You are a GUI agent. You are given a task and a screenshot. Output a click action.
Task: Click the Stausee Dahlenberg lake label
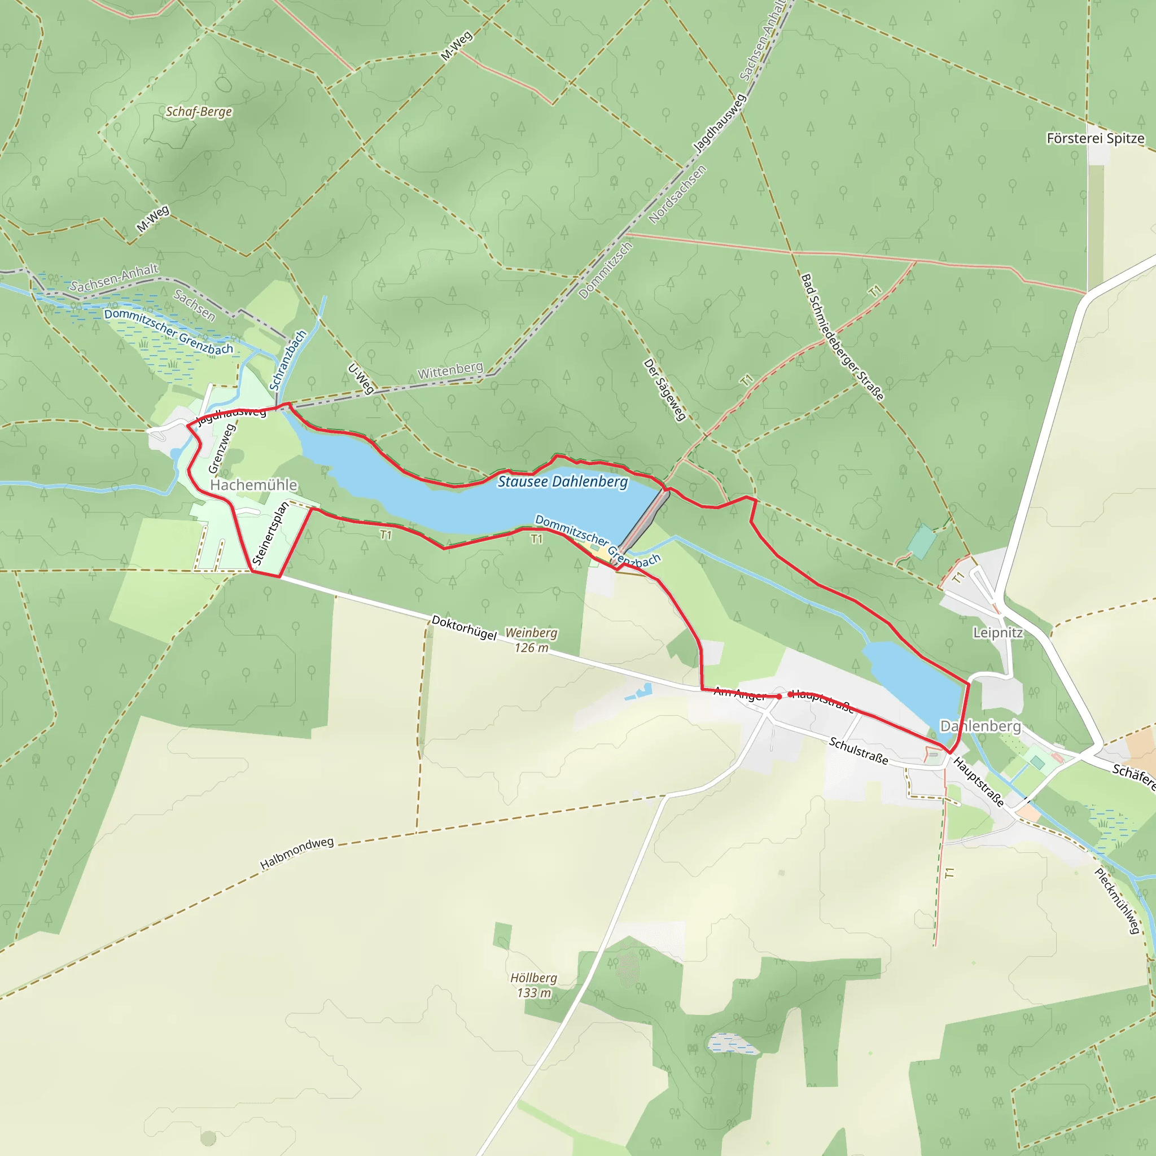pos(562,481)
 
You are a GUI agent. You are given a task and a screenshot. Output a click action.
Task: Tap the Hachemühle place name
pos(253,485)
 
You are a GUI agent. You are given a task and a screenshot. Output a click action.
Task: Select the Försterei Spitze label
pos(1095,138)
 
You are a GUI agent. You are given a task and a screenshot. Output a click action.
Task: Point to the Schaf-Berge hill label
pos(199,112)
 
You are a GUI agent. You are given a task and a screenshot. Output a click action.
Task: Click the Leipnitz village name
pos(997,632)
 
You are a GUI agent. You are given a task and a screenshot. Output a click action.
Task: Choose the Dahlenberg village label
pos(980,726)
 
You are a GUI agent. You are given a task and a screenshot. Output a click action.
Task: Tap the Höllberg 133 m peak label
pos(534,985)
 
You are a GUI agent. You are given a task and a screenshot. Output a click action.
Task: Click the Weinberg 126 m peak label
pos(531,640)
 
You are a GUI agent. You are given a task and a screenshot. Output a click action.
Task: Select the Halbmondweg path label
pos(297,853)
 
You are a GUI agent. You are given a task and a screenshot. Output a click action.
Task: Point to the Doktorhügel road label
pos(464,628)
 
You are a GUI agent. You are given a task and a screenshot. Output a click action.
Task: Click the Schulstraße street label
pos(858,750)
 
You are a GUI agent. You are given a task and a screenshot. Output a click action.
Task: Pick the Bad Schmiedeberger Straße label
pos(842,337)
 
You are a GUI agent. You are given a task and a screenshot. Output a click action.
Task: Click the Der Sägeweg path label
pos(664,390)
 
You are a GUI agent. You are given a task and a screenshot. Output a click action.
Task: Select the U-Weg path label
pos(361,379)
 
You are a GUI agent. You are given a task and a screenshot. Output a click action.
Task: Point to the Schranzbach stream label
pos(288,360)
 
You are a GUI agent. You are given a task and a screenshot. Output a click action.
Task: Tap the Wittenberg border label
pos(450,370)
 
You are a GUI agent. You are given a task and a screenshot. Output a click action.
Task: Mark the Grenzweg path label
pos(222,449)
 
